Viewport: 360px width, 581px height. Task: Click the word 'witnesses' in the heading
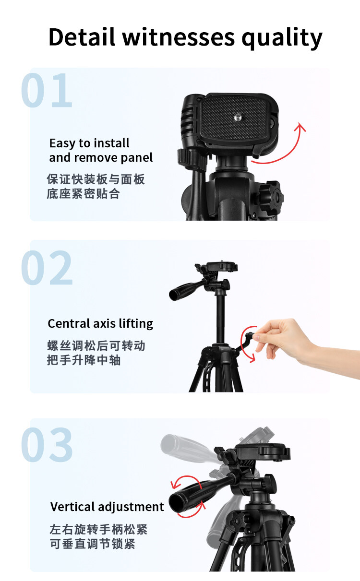(179, 37)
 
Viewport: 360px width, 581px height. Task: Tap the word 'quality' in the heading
(282, 39)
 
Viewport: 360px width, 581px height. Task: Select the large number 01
(46, 90)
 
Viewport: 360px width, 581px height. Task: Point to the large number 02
(47, 268)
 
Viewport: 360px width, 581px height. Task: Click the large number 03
(47, 445)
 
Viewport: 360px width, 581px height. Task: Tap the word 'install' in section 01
(112, 143)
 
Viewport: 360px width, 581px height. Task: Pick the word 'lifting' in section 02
(136, 324)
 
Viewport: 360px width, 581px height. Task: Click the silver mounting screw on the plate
(238, 118)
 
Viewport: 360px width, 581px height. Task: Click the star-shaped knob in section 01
(271, 198)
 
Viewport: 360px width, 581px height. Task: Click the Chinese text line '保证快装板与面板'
(96, 179)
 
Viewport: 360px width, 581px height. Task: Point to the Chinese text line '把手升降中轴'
(84, 360)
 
